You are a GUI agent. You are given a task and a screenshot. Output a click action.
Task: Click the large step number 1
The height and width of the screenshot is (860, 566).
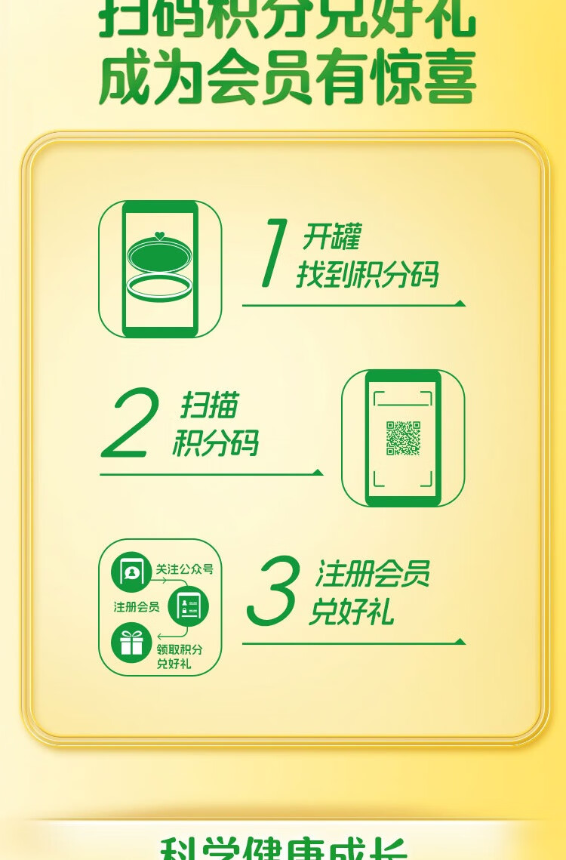click(x=273, y=253)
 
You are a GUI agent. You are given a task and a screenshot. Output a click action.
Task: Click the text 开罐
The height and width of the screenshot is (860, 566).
click(x=331, y=237)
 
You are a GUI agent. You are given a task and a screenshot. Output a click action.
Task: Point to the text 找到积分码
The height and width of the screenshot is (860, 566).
click(x=367, y=275)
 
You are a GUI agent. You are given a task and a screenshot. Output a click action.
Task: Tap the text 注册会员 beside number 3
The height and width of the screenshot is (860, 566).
click(x=372, y=574)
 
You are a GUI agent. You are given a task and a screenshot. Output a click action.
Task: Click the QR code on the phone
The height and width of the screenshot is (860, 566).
click(x=403, y=438)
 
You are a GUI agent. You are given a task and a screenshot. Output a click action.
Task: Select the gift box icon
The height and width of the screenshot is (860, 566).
click(x=131, y=643)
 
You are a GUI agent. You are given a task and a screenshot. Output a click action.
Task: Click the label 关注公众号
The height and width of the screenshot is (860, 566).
click(x=184, y=569)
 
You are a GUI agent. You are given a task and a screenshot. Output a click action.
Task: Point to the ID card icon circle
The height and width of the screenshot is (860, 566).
click(x=188, y=606)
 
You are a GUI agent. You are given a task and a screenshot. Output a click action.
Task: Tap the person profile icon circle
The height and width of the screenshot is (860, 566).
click(x=131, y=572)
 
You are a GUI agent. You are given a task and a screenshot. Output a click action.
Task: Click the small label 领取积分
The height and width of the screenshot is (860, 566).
click(x=179, y=649)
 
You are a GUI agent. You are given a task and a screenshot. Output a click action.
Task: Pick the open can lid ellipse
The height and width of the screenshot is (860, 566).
click(x=161, y=254)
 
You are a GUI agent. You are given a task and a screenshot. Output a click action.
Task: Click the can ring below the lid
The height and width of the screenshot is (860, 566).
click(x=161, y=288)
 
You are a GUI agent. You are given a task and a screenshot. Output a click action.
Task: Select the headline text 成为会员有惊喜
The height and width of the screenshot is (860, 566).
click(x=287, y=79)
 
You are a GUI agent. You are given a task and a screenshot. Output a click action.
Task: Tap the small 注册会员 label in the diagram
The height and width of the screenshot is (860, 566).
click(x=137, y=606)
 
